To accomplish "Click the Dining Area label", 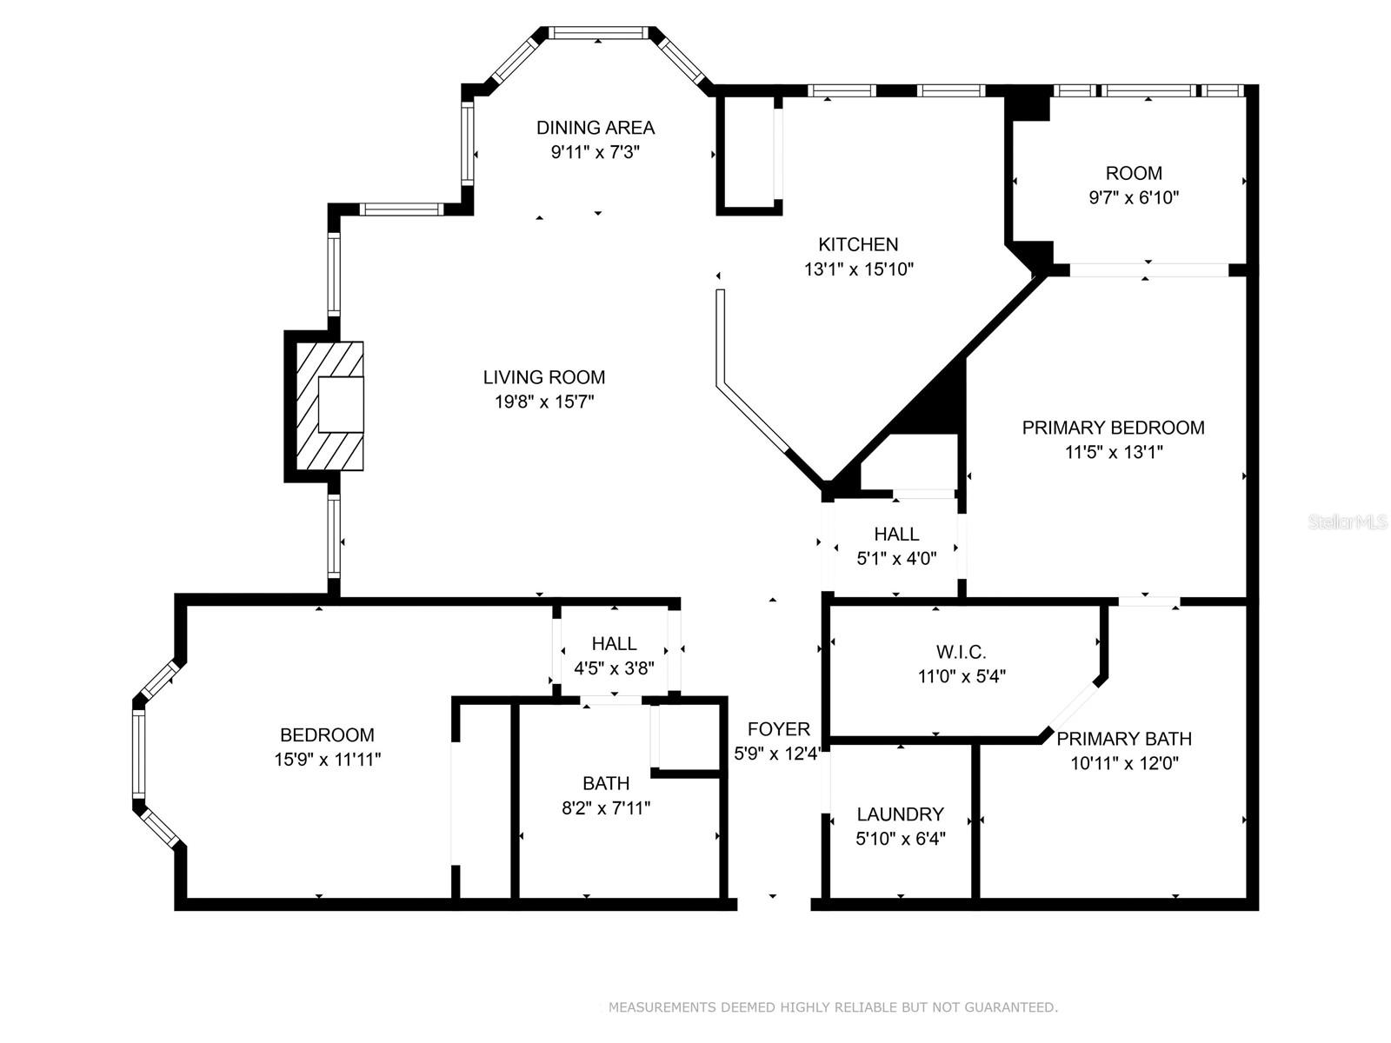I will (595, 128).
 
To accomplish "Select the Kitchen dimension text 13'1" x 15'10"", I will (858, 269).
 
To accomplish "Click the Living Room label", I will (544, 377).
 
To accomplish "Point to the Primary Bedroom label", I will (1113, 428).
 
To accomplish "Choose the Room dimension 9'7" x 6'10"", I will (1134, 197).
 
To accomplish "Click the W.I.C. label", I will (961, 652).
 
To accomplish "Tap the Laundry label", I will (900, 814).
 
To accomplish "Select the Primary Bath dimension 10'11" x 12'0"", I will (1123, 763).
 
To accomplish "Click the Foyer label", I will (778, 729).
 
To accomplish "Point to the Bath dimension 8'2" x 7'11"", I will (606, 807).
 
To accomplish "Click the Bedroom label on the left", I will (327, 734).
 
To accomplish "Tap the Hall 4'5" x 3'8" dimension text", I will (614, 668).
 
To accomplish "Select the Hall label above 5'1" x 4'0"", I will (896, 534).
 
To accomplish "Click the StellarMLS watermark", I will (1347, 522).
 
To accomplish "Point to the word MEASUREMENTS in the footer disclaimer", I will (662, 1007).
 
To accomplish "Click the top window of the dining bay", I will (599, 33).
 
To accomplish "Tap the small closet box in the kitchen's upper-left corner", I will (749, 152).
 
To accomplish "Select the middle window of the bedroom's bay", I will (138, 753).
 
